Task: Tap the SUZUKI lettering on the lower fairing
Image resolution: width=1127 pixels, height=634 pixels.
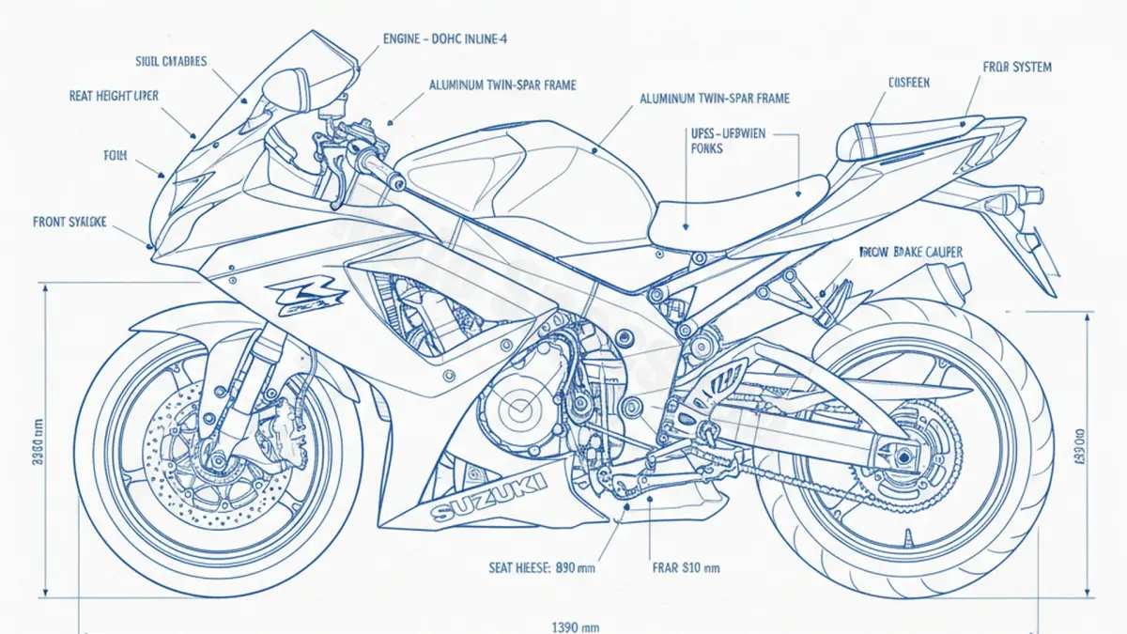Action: click(x=488, y=498)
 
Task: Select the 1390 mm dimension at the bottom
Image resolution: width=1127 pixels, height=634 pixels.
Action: click(x=576, y=626)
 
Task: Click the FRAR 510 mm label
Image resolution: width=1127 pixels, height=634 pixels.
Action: click(x=686, y=567)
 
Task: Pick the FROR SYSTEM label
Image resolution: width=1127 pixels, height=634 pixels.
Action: click(x=1017, y=68)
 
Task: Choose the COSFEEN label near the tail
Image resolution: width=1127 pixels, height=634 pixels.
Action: click(x=908, y=83)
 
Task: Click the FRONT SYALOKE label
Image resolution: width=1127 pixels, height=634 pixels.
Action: click(x=69, y=222)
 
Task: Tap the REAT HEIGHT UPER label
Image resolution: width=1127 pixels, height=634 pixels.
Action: click(x=114, y=96)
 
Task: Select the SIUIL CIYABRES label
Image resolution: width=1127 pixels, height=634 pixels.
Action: click(x=172, y=62)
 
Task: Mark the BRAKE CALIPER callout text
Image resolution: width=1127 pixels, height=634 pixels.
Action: click(x=911, y=252)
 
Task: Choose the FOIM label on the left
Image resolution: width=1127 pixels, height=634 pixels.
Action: click(x=114, y=156)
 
